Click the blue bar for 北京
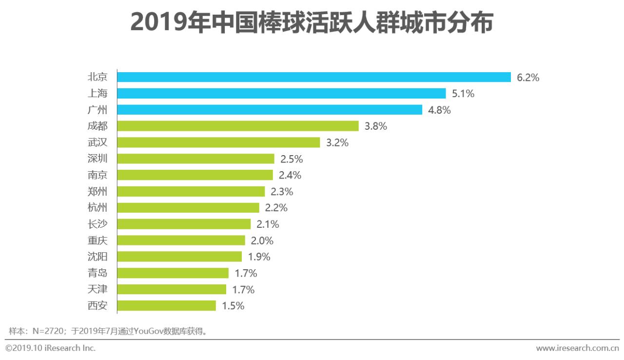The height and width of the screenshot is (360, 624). [314, 77]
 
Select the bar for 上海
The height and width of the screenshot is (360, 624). [282, 94]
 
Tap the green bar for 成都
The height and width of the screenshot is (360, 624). [238, 126]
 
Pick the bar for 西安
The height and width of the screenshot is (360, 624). [167, 306]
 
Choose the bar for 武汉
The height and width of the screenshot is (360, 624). [219, 142]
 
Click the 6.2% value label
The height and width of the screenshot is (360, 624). [528, 78]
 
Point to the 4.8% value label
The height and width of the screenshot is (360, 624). [439, 110]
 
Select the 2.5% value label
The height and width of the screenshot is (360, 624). [292, 159]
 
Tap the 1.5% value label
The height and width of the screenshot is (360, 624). [233, 306]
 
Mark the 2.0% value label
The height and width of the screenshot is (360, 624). [262, 240]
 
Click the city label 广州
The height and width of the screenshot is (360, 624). [97, 110]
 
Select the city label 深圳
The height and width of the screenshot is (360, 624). [97, 159]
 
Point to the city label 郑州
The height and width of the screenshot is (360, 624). [97, 191]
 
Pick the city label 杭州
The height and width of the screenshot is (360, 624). [97, 208]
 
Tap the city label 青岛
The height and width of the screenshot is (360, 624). [97, 273]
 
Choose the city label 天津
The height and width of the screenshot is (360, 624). [97, 289]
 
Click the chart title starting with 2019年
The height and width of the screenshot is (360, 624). [312, 23]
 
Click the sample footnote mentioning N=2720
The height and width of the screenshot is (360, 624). [108, 332]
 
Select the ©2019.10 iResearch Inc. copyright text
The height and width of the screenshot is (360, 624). [51, 348]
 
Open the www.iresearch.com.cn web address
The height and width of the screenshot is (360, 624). [577, 348]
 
